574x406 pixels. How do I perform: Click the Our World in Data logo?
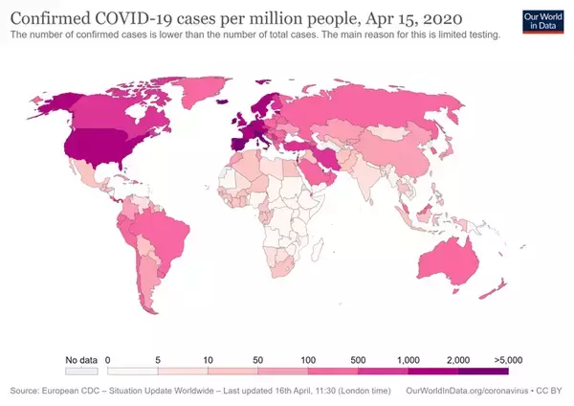pyautogui.click(x=541, y=22)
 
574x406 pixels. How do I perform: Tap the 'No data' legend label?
pyautogui.click(x=81, y=359)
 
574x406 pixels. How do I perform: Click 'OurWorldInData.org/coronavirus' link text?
pyautogui.click(x=464, y=391)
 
